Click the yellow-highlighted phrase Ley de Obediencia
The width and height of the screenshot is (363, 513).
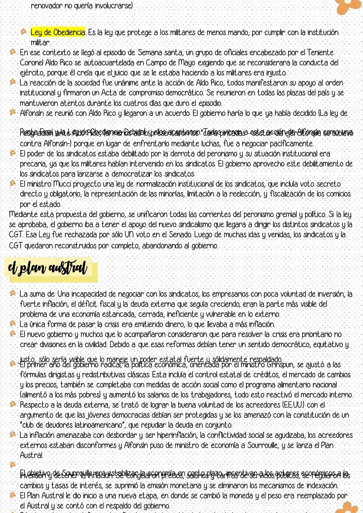pyautogui.click(x=58, y=33)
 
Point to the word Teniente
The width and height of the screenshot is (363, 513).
pyautogui.click(x=320, y=53)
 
